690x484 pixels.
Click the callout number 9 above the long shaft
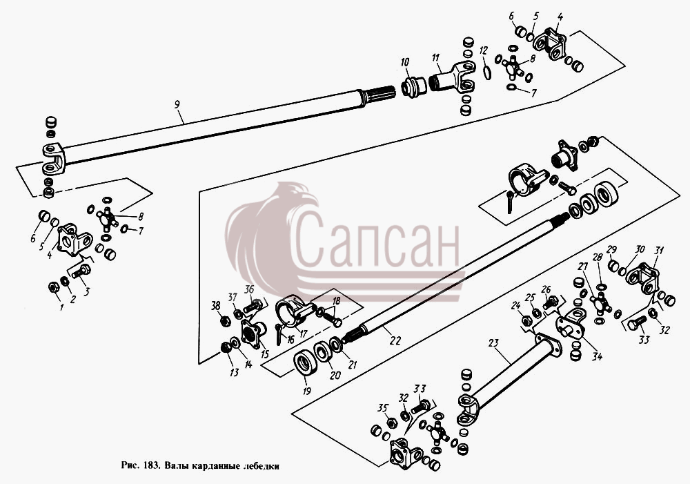pos(177,104)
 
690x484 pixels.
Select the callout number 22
pos(395,340)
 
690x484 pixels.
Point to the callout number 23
pos(493,342)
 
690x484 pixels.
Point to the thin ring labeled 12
pos(486,72)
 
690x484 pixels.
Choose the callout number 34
pos(596,356)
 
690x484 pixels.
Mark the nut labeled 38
pos(224,320)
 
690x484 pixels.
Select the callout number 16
pos(290,340)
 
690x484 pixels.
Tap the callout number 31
pos(659,250)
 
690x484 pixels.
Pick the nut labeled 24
pos(525,320)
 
